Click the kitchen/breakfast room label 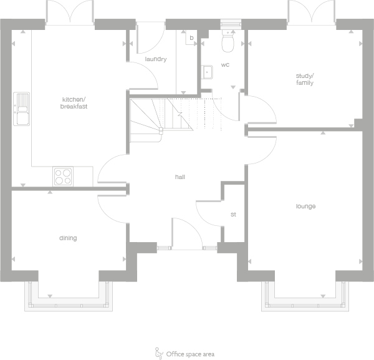click(x=74, y=103)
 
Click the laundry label click(x=155, y=59)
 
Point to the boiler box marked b click(x=191, y=38)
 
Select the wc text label click(x=226, y=64)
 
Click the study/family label click(x=304, y=79)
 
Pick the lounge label click(x=305, y=207)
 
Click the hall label click(x=180, y=177)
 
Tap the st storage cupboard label click(x=233, y=215)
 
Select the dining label click(x=68, y=238)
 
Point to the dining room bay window click(x=69, y=297)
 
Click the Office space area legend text click(x=190, y=354)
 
